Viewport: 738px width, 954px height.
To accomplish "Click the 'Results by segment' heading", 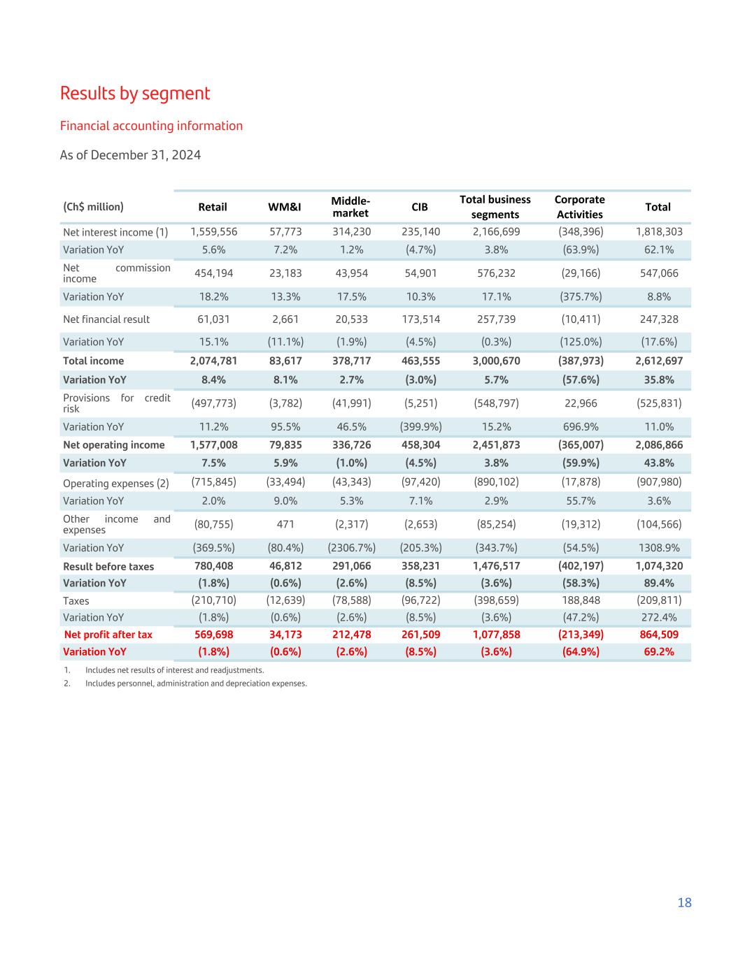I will [x=135, y=93].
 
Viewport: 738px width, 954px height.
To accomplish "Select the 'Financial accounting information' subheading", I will [x=151, y=126].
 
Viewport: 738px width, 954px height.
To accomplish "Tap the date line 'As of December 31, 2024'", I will [x=130, y=154].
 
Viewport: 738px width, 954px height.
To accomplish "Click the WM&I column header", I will [x=285, y=207].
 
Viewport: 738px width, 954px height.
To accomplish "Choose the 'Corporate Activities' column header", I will [x=579, y=207].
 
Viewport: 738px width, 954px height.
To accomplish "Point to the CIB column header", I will [x=420, y=207].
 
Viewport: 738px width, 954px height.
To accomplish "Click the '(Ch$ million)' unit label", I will [x=93, y=207].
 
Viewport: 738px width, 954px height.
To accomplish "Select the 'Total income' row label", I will [x=93, y=361].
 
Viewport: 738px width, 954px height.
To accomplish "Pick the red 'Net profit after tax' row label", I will [x=108, y=635].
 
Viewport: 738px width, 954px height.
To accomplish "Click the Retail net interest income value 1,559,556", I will [x=213, y=231].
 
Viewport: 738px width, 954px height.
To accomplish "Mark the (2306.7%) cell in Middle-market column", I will [x=351, y=548].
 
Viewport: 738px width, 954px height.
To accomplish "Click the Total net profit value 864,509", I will [x=659, y=635].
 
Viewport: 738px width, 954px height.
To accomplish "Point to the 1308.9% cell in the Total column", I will [x=659, y=548].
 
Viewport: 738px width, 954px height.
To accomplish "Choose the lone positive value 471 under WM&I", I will [x=285, y=524].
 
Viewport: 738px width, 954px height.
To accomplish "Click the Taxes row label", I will [x=76, y=600].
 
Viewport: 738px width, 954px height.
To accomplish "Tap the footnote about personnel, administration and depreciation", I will [x=196, y=683].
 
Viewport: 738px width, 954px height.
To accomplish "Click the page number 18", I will [x=684, y=902].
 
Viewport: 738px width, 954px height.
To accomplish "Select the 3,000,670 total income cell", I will [x=496, y=361].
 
